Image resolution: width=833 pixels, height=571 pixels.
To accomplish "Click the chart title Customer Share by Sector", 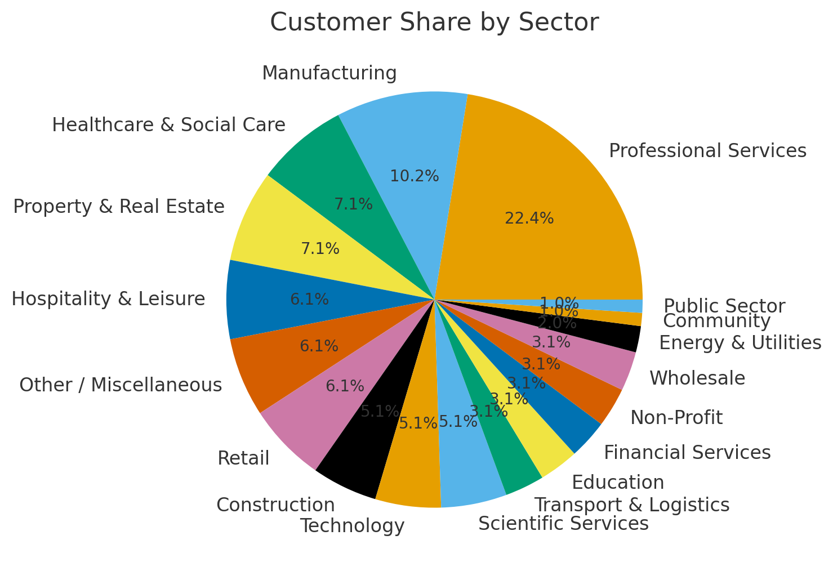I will click(x=434, y=23).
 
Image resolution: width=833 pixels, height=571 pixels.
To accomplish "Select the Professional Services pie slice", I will click(x=563, y=186).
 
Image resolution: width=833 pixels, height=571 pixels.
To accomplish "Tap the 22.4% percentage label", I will click(x=529, y=218).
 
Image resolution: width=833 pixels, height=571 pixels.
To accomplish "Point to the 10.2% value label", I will click(x=415, y=176).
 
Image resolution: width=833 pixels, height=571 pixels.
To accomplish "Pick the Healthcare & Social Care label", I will click(x=169, y=125).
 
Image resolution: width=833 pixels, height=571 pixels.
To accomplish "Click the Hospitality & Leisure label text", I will click(x=108, y=299).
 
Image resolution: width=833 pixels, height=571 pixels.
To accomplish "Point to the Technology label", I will click(x=352, y=526).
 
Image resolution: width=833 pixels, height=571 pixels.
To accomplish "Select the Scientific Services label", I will click(x=563, y=524).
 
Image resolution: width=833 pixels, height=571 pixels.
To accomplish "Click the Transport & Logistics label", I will click(x=631, y=505).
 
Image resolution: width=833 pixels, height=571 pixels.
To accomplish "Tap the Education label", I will click(x=618, y=483).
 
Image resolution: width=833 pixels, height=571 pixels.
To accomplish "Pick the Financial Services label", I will click(x=687, y=452).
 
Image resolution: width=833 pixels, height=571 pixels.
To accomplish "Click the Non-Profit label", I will click(x=676, y=418).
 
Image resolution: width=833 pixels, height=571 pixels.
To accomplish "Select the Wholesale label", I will click(x=697, y=378).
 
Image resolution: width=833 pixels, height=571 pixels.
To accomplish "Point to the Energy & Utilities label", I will click(x=740, y=343).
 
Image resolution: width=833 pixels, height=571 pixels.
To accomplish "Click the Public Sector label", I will click(x=724, y=306).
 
